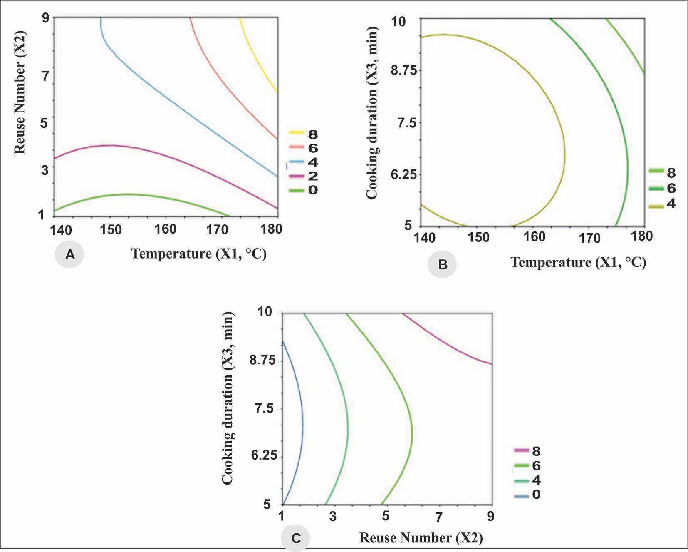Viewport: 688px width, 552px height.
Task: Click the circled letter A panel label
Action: tap(69, 254)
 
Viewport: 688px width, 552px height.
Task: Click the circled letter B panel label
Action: tap(442, 264)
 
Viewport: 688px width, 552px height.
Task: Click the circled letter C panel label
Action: tap(295, 539)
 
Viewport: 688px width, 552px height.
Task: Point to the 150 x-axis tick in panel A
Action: tap(111, 229)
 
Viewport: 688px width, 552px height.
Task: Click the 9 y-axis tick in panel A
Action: tap(45, 18)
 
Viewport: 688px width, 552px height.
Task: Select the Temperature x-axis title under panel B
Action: tap(578, 262)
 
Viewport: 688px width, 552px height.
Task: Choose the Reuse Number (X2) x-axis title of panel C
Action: tap(421, 538)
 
